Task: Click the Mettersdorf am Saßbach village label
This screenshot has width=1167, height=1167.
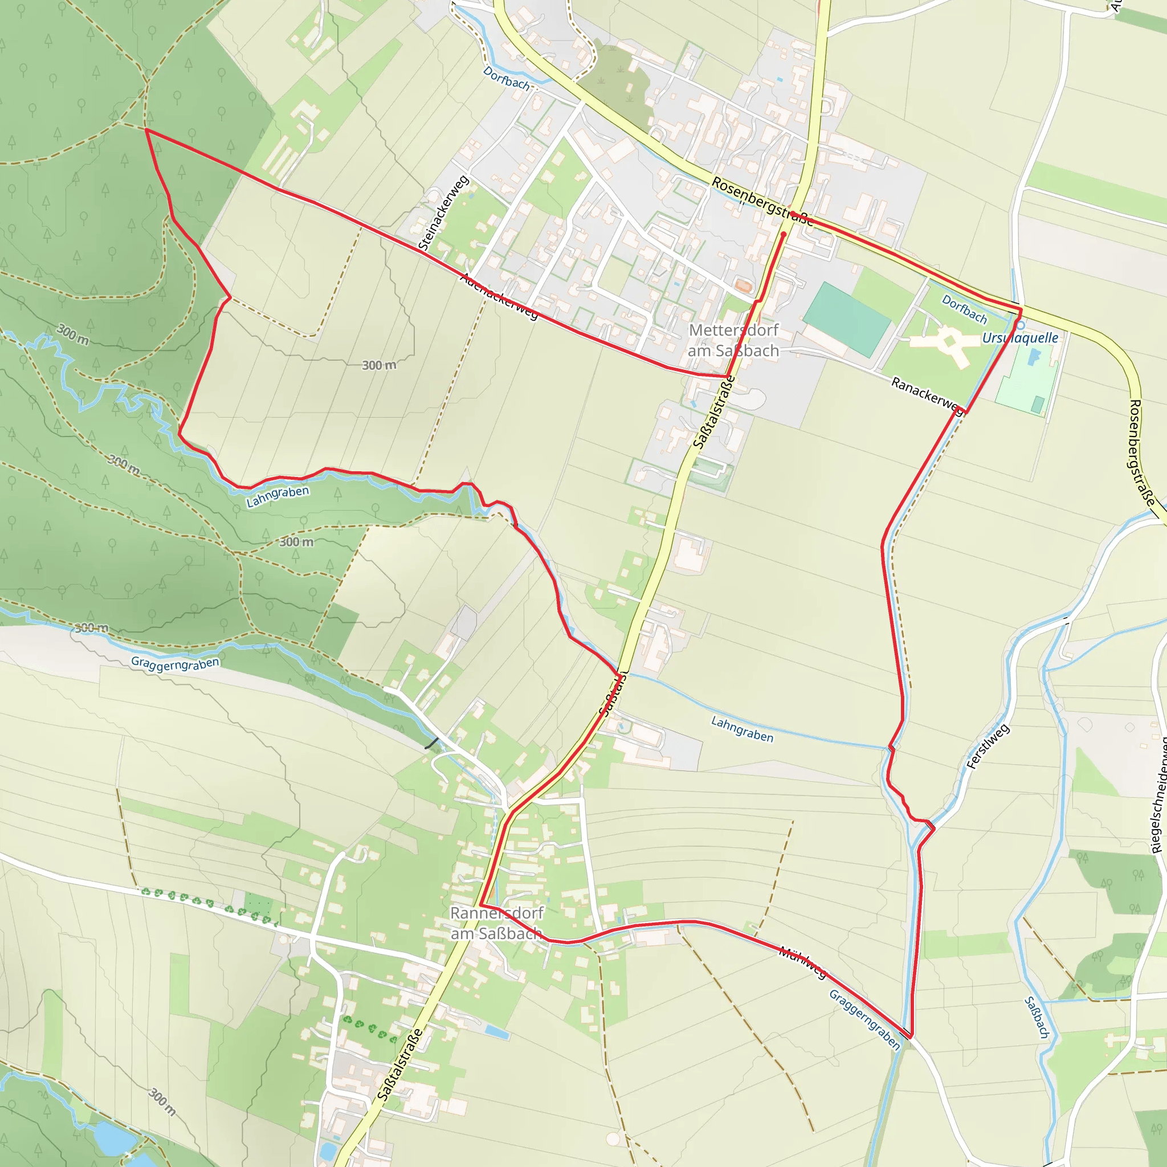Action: [733, 340]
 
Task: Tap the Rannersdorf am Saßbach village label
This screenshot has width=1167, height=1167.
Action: [496, 923]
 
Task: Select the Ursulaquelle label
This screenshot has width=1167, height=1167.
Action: [1019, 338]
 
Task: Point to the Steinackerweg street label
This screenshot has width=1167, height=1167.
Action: [443, 213]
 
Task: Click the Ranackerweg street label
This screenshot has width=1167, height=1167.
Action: [927, 396]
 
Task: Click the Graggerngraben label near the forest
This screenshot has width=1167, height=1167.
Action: [174, 663]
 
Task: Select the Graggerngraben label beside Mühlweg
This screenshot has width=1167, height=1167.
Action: [864, 1019]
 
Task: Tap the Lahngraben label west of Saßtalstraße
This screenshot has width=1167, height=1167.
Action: [278, 496]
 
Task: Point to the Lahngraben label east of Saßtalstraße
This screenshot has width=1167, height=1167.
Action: [742, 728]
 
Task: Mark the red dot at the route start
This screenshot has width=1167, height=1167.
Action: [784, 234]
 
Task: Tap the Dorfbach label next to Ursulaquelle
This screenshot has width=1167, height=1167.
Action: [964, 309]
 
